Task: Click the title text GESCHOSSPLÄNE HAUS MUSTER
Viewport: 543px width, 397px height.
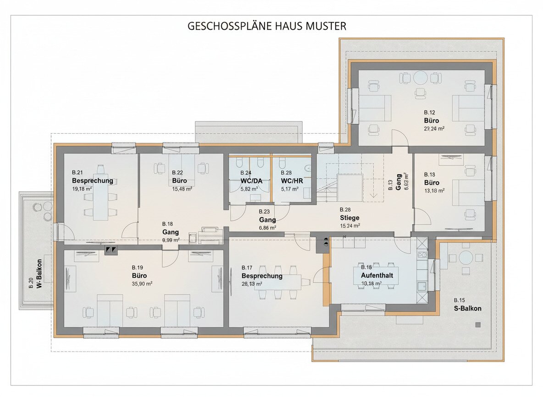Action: pos(267,26)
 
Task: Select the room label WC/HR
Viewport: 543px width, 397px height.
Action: pos(292,181)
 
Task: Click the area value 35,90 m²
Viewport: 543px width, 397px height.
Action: pos(142,284)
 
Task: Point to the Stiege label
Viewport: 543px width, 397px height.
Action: pos(349,218)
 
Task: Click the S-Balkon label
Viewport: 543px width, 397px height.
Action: pos(468,308)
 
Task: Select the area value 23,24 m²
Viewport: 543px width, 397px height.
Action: pos(434,129)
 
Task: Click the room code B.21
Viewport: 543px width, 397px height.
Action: pos(77,172)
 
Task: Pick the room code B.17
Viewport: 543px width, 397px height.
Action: pos(247,268)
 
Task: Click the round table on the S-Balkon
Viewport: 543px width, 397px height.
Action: pos(465,258)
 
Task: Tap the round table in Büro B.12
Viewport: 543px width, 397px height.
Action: pos(421,77)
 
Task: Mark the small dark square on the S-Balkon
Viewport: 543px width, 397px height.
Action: pos(478,325)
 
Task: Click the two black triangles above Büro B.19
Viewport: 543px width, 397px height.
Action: pos(111,250)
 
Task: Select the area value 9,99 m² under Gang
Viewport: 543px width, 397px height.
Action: pos(170,240)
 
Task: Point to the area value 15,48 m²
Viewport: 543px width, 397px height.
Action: pos(182,188)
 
